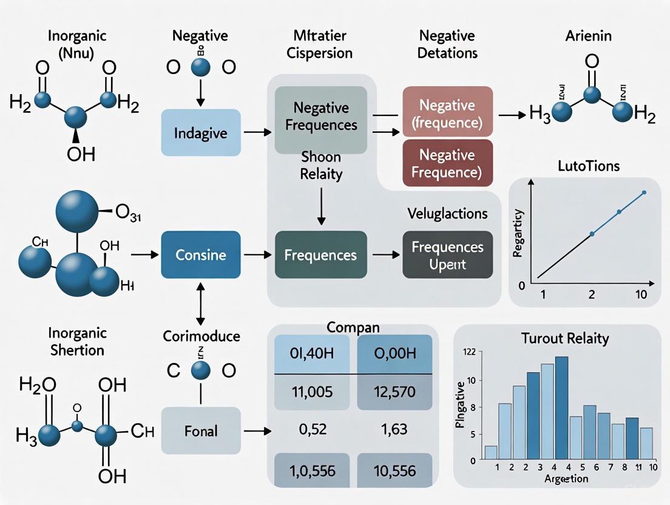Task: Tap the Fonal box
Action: tap(200, 432)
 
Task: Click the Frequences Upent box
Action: tap(448, 255)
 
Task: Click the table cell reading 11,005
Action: tap(312, 392)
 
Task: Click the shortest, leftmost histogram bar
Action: tap(491, 452)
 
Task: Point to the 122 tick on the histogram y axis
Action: tap(469, 352)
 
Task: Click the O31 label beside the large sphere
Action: tap(128, 214)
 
